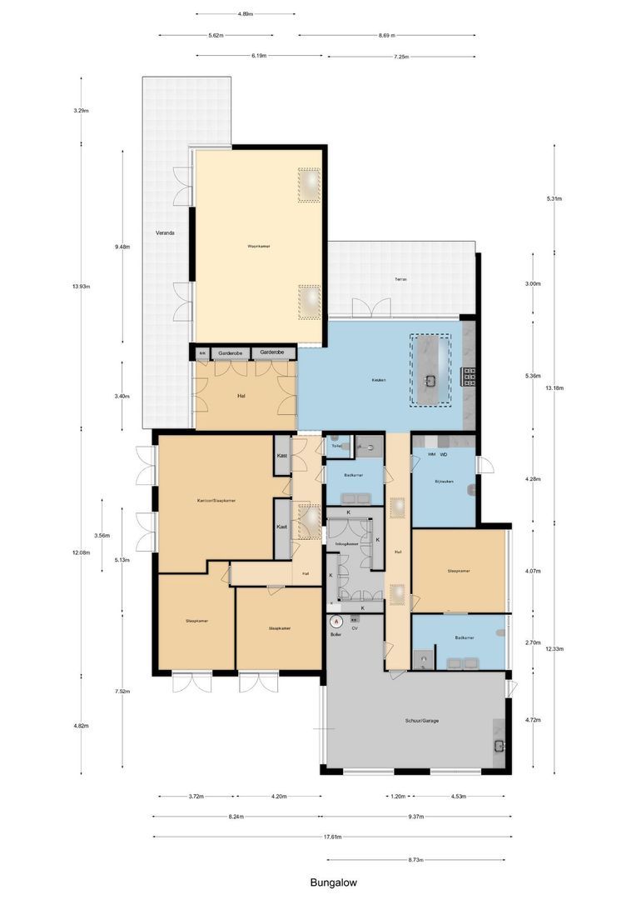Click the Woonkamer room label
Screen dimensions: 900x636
[x=258, y=247]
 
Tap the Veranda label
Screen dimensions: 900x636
[x=165, y=232]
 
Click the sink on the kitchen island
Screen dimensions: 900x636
[x=430, y=381]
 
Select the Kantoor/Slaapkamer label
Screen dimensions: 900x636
[x=216, y=501]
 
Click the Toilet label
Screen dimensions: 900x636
[x=336, y=447]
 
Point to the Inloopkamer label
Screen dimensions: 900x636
[x=346, y=544]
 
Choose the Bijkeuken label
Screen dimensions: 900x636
[x=442, y=482]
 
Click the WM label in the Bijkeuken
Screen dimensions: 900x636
[x=431, y=455]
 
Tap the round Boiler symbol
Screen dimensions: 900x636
[x=336, y=621]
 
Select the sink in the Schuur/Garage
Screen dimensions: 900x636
[x=499, y=744]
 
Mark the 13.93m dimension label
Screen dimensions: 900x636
[x=81, y=286]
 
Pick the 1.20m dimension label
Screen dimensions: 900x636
[x=397, y=796]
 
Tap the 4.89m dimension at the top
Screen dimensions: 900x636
[x=245, y=14]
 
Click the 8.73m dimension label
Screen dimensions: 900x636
[x=416, y=857]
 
